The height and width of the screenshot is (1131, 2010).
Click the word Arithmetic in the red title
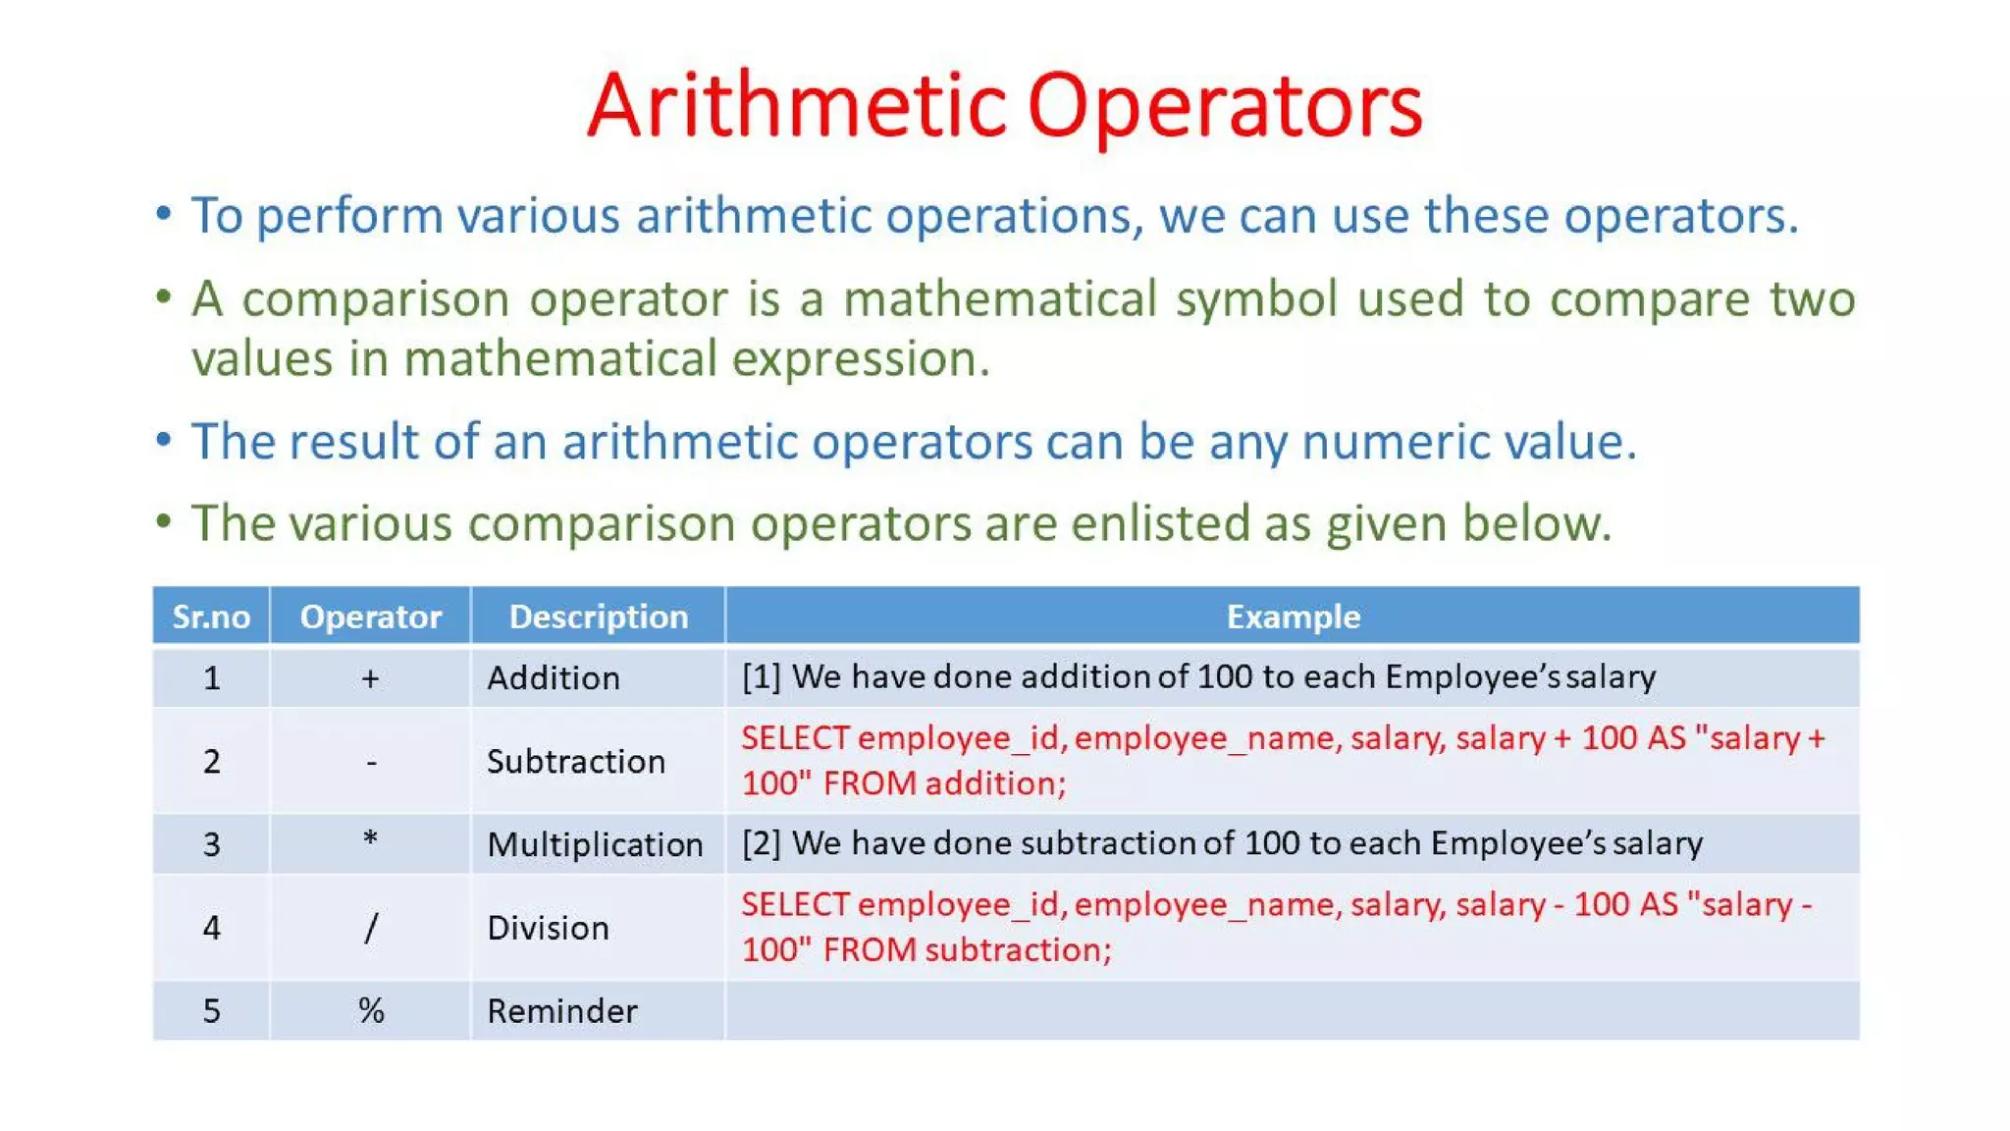pyautogui.click(x=797, y=105)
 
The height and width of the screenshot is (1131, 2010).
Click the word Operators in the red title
pyautogui.click(x=1225, y=107)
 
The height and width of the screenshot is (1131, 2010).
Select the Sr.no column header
pyautogui.click(x=211, y=617)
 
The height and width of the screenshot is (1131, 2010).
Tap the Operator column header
pyautogui.click(x=371, y=617)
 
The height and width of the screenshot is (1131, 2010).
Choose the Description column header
pyautogui.click(x=599, y=617)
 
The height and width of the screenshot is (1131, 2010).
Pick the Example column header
pyautogui.click(x=1294, y=617)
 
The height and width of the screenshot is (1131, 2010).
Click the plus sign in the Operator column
pyautogui.click(x=370, y=678)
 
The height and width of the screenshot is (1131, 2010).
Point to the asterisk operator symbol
pyautogui.click(x=370, y=839)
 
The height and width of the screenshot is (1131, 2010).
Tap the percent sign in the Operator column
pyautogui.click(x=371, y=1010)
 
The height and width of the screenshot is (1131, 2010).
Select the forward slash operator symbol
pyautogui.click(x=370, y=928)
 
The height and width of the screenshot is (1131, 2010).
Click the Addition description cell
pyautogui.click(x=554, y=678)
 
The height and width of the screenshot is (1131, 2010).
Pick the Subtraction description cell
pyautogui.click(x=576, y=762)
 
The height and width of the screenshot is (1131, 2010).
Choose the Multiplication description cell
pyautogui.click(x=595, y=844)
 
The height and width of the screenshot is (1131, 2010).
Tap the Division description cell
pyautogui.click(x=548, y=928)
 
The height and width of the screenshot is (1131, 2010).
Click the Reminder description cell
pyautogui.click(x=562, y=1011)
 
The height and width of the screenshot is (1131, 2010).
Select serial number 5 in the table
pyautogui.click(x=211, y=1011)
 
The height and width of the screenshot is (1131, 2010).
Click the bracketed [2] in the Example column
pyautogui.click(x=762, y=843)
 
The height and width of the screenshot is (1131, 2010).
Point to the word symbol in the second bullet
pyautogui.click(x=1256, y=299)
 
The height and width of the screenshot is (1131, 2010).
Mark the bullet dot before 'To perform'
pyautogui.click(x=164, y=213)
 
